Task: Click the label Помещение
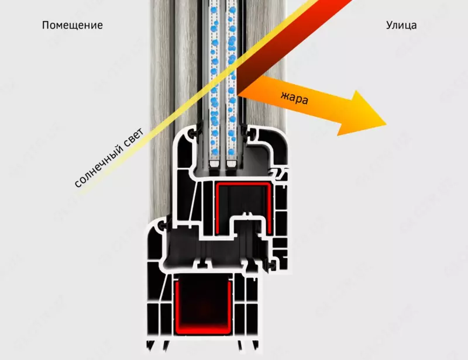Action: pos(73,25)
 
